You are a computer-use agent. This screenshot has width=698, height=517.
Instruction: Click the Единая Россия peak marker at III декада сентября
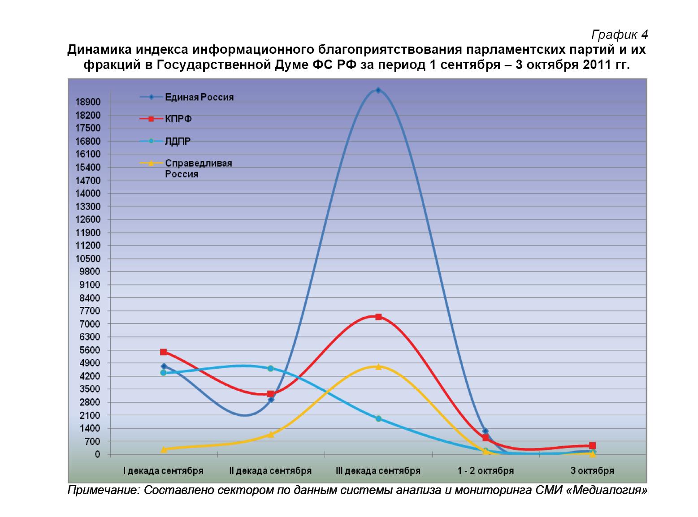[x=378, y=90]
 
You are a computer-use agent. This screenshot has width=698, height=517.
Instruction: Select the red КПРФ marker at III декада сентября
[x=378, y=317]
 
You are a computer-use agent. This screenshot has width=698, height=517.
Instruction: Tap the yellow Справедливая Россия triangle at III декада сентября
[x=378, y=366]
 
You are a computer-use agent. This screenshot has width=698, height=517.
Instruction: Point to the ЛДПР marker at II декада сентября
[x=270, y=368]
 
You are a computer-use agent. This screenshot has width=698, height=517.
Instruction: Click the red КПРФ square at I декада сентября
[x=163, y=352]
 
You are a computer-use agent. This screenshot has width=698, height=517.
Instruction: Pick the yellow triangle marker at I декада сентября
[x=163, y=449]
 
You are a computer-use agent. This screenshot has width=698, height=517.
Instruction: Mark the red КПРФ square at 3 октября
[x=592, y=445]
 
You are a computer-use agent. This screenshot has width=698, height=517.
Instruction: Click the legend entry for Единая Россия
[x=199, y=97]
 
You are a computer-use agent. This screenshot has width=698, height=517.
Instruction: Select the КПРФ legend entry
[x=178, y=119]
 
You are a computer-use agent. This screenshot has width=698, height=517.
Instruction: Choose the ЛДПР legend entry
[x=178, y=142]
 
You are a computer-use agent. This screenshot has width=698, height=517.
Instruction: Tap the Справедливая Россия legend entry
[x=198, y=168]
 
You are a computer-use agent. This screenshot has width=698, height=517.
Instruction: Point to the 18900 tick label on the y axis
[x=88, y=102]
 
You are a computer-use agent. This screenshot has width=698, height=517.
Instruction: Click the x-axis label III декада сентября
[x=378, y=471]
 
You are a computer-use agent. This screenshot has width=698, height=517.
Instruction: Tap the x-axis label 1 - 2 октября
[x=486, y=471]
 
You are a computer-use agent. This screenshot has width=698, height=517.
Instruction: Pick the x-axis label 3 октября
[x=592, y=471]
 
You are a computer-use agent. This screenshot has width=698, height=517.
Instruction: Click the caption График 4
[x=620, y=34]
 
